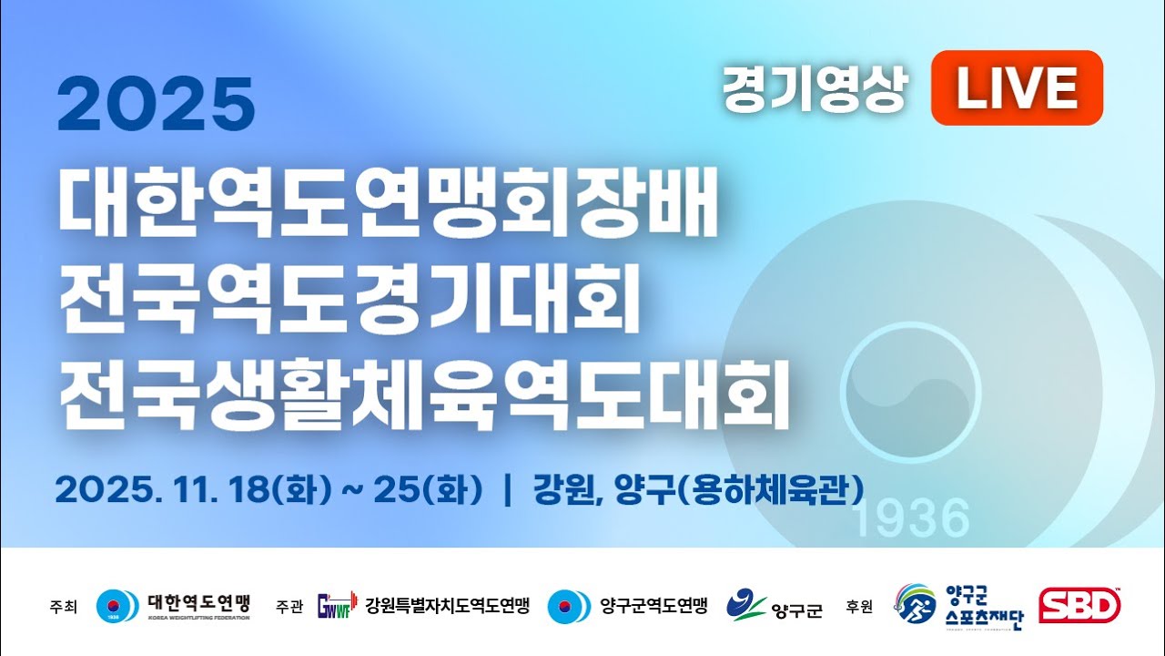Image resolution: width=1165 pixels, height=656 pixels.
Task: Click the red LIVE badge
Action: click(x=1016, y=87)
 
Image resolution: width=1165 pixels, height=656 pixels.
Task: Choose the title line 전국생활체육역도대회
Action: click(x=423, y=399)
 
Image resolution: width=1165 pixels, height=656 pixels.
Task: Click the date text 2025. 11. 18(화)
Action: click(x=192, y=489)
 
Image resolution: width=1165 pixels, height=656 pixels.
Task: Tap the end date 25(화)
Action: click(x=439, y=489)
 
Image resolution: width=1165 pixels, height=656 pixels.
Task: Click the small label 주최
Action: click(x=65, y=607)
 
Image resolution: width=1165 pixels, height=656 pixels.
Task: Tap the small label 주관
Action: click(x=289, y=607)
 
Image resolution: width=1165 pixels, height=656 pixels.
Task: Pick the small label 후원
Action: click(x=859, y=607)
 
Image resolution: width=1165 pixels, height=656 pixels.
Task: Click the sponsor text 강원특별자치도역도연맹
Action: click(x=447, y=606)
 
